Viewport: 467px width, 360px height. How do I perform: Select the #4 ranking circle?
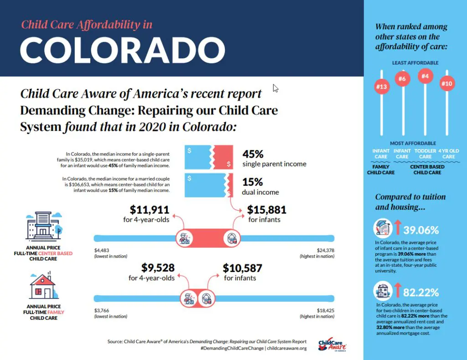pyautogui.click(x=425, y=76)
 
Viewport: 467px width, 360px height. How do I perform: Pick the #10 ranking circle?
pyautogui.click(x=447, y=83)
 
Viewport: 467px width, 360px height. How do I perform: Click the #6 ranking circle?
pyautogui.click(x=402, y=79)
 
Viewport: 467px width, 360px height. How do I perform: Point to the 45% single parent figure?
pyautogui.click(x=253, y=154)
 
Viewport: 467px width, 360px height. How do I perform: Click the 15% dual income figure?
pyautogui.click(x=253, y=182)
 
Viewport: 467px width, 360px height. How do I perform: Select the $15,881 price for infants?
pyautogui.click(x=267, y=210)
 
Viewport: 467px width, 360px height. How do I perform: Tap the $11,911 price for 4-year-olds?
pyautogui.click(x=150, y=210)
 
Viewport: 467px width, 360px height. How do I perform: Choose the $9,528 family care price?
pyautogui.click(x=158, y=267)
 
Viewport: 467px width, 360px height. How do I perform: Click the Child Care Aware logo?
pyautogui.click(x=332, y=345)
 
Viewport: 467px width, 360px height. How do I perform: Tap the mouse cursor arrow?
pyautogui.click(x=275, y=88)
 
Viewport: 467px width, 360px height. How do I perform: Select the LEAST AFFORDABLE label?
pyautogui.click(x=415, y=63)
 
